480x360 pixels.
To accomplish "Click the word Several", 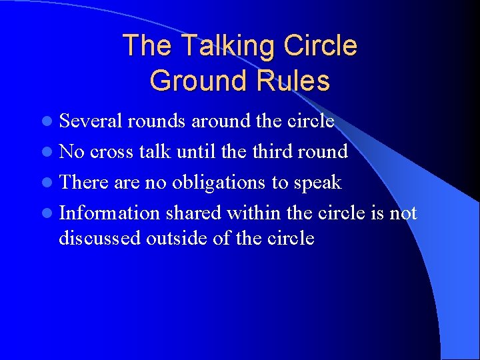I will tap(91, 121).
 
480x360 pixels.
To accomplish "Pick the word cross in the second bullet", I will tap(111, 152).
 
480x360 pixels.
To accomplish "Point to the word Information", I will tap(109, 213).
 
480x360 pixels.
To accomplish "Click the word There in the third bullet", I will tap(84, 183).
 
